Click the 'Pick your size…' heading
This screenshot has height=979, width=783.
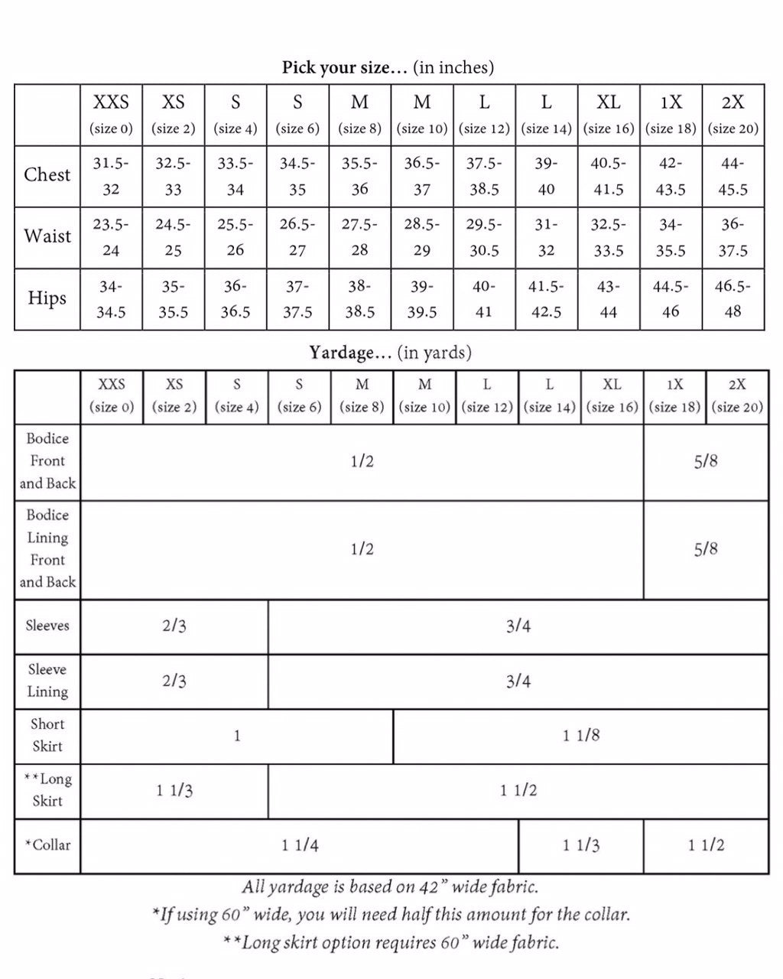pos(388,67)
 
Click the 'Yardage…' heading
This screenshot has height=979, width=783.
pos(390,353)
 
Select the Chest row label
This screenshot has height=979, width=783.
pos(47,175)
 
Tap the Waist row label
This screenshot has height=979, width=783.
pos(47,236)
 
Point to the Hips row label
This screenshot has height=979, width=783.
pos(47,298)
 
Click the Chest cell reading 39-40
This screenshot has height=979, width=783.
pos(546,177)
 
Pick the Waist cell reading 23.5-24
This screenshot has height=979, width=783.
pos(111,237)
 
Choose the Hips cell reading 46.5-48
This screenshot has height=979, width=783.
pos(733,299)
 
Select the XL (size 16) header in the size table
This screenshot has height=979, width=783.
pos(609,114)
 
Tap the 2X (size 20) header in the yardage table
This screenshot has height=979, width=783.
pos(736,395)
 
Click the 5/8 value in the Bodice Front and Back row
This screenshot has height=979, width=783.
pos(706,461)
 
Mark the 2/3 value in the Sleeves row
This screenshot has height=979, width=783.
pos(174,626)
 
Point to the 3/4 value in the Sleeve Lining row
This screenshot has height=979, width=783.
pos(518,681)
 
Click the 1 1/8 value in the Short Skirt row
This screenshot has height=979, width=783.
pos(581,736)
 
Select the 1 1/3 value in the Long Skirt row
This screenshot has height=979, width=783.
pos(174,791)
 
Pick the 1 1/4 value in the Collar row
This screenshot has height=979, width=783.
pos(300,845)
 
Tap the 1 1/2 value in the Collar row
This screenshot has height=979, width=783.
pos(706,845)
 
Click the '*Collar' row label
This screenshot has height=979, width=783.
pos(47,845)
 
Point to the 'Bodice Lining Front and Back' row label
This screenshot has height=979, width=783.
pos(47,548)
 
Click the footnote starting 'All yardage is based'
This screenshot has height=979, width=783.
pos(390,887)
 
